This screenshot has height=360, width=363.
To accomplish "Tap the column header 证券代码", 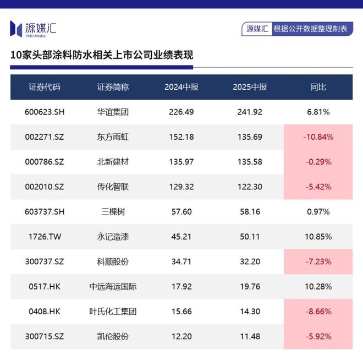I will (x=45, y=87).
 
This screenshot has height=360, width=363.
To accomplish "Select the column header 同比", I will (x=318, y=87).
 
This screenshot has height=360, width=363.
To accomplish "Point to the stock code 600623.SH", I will (x=45, y=112).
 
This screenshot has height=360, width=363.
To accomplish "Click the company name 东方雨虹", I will (x=113, y=137).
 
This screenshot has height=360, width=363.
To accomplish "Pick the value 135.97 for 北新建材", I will (x=182, y=162).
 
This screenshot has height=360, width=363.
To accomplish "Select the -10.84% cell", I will (x=318, y=137).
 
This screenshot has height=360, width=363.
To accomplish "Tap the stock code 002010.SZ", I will (x=45, y=187).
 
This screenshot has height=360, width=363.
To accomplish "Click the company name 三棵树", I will (x=113, y=212).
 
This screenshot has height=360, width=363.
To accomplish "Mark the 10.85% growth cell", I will (x=318, y=237).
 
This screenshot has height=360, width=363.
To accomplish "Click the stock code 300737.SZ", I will (x=45, y=261).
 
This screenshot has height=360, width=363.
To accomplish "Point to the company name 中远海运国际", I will (x=113, y=286).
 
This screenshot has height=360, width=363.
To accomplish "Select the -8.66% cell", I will (x=318, y=312).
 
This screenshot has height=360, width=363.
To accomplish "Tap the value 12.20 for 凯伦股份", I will (x=182, y=336).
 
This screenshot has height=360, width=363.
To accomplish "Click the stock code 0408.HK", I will (x=45, y=312).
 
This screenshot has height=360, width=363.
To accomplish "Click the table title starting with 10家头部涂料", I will (x=102, y=56).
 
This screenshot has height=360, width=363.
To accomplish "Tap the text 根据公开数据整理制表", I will (x=310, y=29).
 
